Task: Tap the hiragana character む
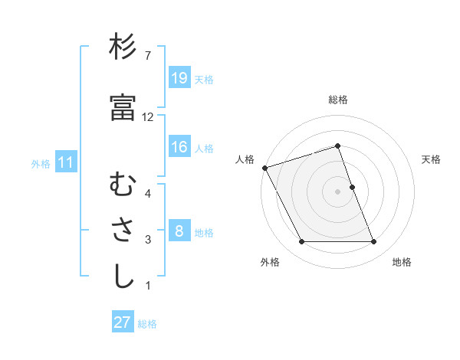point(123,184)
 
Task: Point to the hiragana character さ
point(123,231)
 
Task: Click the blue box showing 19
point(179,78)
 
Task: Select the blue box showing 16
point(179,147)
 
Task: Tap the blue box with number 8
point(179,231)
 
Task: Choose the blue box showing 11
point(66,162)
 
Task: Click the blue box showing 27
point(123,322)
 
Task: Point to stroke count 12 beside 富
point(148,116)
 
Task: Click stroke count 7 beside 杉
point(148,56)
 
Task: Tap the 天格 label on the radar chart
point(432,159)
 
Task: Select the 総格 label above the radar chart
point(338,100)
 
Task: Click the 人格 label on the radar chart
point(245,159)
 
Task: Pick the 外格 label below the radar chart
point(270,262)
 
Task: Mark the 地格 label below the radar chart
point(402,262)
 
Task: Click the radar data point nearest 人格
point(265,168)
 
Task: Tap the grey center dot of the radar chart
point(338,191)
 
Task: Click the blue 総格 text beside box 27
point(147,323)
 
